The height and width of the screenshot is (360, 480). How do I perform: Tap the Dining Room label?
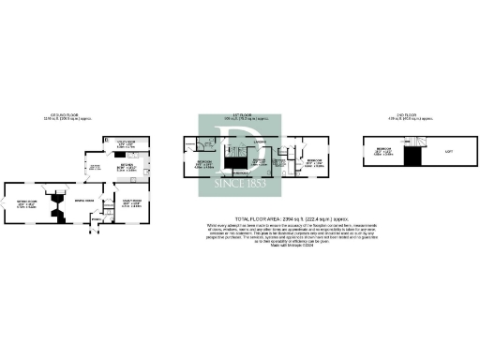pos(84,200)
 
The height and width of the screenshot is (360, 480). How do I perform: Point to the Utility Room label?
pos(124,144)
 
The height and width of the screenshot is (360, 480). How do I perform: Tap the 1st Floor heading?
pos(239,117)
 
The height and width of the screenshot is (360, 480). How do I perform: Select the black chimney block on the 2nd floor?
pos(411,158)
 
